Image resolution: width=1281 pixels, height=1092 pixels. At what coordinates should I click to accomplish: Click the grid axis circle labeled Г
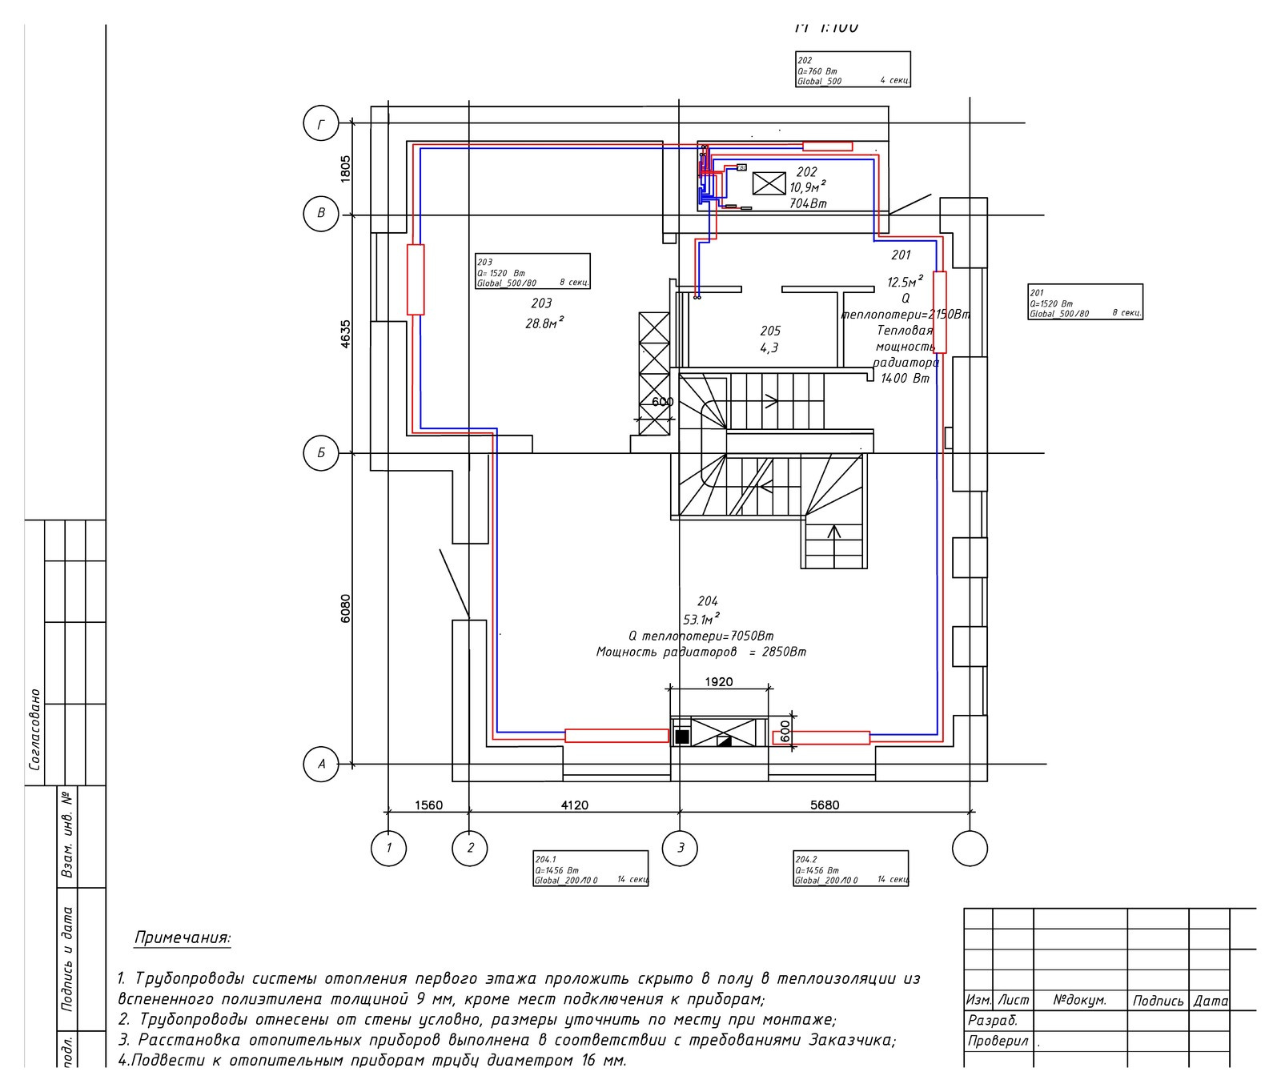pos(321,124)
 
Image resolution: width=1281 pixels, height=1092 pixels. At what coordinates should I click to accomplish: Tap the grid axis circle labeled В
pos(321,214)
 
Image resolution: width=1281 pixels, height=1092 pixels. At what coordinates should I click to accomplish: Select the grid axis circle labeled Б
pos(321,453)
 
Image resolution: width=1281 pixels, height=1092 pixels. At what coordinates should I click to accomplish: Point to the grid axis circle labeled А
pos(321,764)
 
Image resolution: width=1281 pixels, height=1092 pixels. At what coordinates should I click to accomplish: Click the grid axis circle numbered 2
pos(470,848)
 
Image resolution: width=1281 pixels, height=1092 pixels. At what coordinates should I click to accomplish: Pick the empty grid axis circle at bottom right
pos(970,848)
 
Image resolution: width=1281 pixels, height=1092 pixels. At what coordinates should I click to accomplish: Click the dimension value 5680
pos(824,805)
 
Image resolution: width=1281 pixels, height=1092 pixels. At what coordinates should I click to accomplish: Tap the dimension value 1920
pos(718,682)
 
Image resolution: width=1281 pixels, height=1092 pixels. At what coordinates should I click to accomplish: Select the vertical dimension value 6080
pos(345,608)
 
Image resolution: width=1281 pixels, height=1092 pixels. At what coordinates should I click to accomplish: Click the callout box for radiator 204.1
pos(590,869)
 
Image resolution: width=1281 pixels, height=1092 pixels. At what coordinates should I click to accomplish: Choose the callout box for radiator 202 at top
pos(853,70)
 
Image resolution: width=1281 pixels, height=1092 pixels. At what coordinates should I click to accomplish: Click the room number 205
pos(769,331)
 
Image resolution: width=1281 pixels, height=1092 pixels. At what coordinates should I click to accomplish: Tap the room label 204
pos(708,601)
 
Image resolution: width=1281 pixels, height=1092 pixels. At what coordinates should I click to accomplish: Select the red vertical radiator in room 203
pos(415,279)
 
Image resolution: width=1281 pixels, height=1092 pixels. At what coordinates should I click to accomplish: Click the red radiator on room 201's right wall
pos(939,312)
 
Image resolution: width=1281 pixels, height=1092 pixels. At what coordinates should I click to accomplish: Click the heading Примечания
pos(183,937)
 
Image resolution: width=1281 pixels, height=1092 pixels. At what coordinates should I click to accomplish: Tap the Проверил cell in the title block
pos(997,1042)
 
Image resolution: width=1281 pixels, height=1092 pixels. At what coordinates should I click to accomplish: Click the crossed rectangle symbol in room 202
pos(769,183)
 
